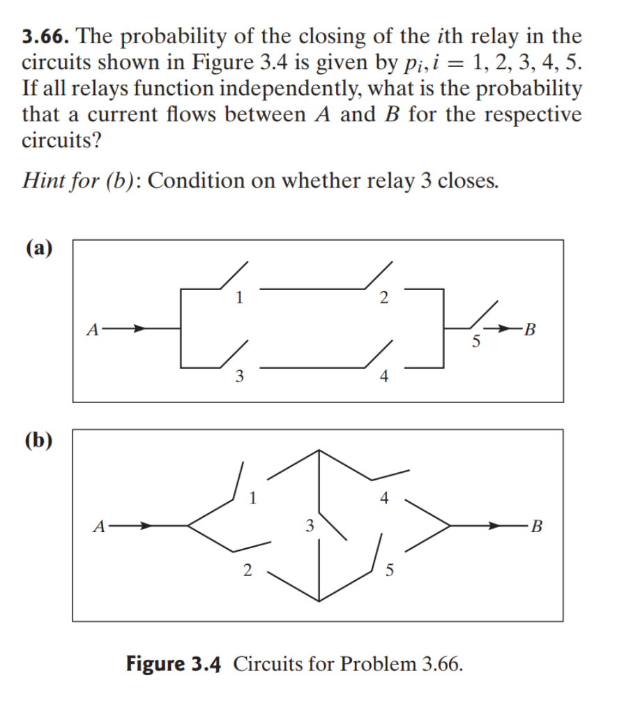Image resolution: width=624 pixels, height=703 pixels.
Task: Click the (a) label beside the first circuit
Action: click(39, 249)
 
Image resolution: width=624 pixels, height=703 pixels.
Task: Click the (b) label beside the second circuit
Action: click(40, 440)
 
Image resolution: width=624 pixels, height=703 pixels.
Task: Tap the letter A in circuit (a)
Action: click(91, 328)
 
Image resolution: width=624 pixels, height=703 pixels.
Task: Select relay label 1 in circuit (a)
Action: click(239, 298)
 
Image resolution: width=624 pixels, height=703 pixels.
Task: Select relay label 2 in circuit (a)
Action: click(383, 298)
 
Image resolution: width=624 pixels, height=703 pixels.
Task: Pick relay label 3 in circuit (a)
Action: click(239, 377)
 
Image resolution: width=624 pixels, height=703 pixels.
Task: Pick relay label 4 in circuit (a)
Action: click(383, 377)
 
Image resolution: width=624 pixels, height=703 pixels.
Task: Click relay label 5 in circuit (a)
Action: click(475, 342)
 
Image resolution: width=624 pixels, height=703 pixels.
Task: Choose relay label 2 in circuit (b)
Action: click(246, 570)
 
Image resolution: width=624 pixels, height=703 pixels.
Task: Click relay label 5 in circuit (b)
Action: click(390, 570)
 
